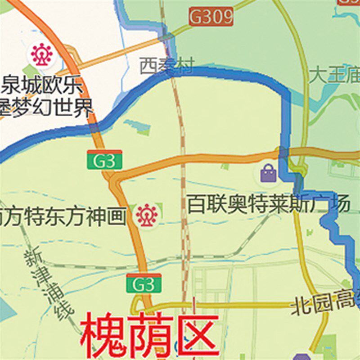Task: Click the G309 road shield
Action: [211, 17]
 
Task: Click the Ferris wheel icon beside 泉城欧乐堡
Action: [42, 54]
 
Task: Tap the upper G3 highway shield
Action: [104, 160]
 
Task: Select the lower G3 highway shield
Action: [144, 283]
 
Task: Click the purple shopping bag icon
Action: [268, 173]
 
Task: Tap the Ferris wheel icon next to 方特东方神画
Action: [147, 216]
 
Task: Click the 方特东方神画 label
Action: [63, 216]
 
